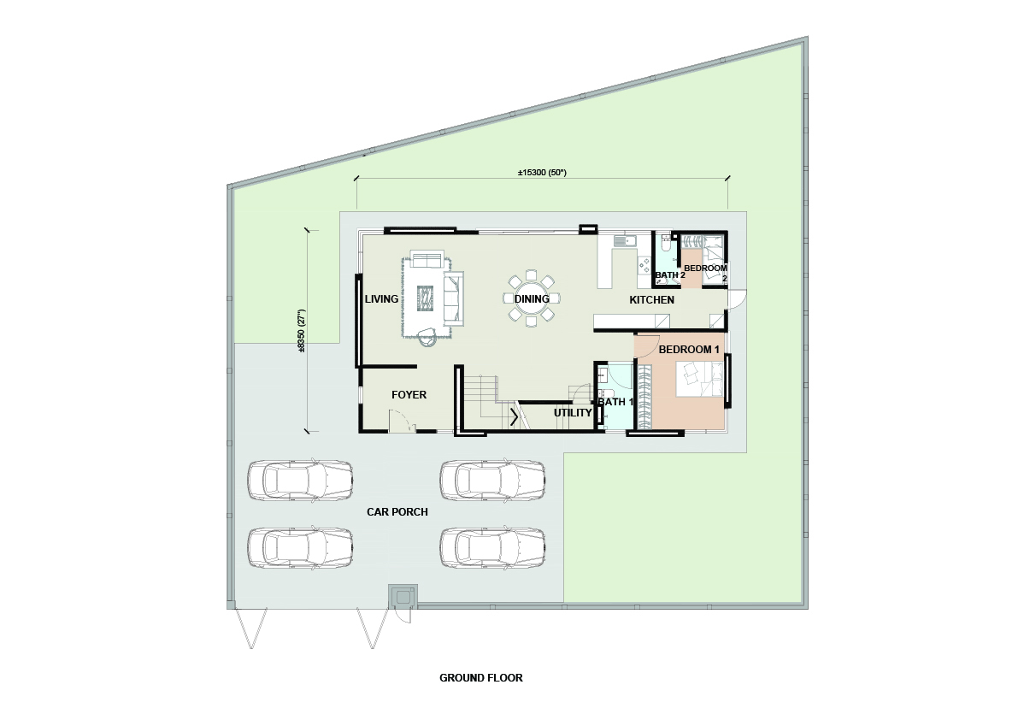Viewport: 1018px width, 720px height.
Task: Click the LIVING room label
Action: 381,299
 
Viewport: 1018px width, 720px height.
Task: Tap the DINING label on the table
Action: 532,299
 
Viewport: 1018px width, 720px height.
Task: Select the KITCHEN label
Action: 652,300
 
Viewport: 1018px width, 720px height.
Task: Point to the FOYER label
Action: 409,395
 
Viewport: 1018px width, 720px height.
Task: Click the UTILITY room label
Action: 573,413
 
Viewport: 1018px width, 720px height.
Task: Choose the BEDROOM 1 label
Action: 689,349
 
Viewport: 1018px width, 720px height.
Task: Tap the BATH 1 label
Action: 615,402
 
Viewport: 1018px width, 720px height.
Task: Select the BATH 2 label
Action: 670,275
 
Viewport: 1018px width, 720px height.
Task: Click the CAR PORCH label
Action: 397,511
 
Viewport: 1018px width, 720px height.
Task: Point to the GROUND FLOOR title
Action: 481,678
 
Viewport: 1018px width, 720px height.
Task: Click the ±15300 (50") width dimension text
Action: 542,173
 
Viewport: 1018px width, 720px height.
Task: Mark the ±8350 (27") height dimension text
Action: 301,330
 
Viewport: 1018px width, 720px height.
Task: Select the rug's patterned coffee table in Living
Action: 426,298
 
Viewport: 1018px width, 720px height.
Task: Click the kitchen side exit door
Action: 737,298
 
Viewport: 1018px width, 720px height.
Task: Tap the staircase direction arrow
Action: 515,416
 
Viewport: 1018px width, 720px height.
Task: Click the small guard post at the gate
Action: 403,597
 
